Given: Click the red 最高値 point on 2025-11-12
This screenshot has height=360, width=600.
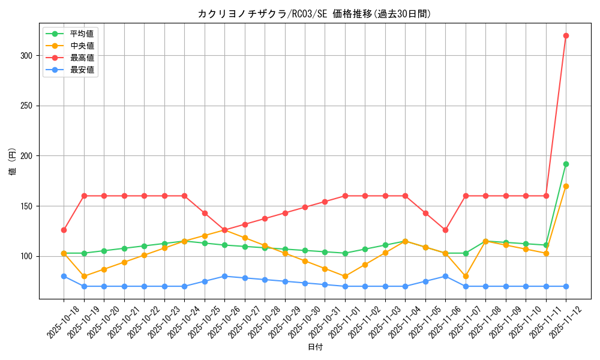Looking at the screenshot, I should click(x=566, y=35).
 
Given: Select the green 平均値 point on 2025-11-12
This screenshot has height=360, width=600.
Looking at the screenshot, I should click(x=566, y=164).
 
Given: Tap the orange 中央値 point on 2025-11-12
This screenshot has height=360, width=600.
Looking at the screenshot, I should click(x=566, y=186).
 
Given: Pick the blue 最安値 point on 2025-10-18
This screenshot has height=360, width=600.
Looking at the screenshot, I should click(x=64, y=276).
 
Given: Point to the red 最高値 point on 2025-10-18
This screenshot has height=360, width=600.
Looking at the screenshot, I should click(x=64, y=230).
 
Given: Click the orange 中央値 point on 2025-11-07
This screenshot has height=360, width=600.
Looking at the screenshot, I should click(x=466, y=276).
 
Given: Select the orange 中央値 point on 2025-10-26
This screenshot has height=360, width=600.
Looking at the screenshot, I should click(x=224, y=230).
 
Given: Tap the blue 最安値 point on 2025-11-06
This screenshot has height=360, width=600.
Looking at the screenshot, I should click(x=445, y=276).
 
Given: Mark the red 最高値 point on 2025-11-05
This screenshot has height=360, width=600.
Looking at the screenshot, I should click(x=425, y=213).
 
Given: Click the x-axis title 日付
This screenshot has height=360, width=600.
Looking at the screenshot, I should click(x=315, y=347).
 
